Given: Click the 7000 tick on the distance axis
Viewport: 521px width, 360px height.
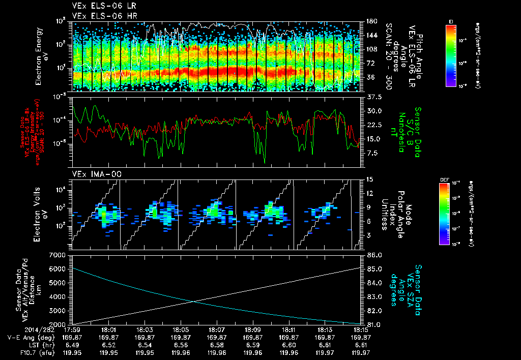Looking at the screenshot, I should [x=60, y=254].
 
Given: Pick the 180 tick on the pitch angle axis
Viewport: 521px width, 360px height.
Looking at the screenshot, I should [x=370, y=21].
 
